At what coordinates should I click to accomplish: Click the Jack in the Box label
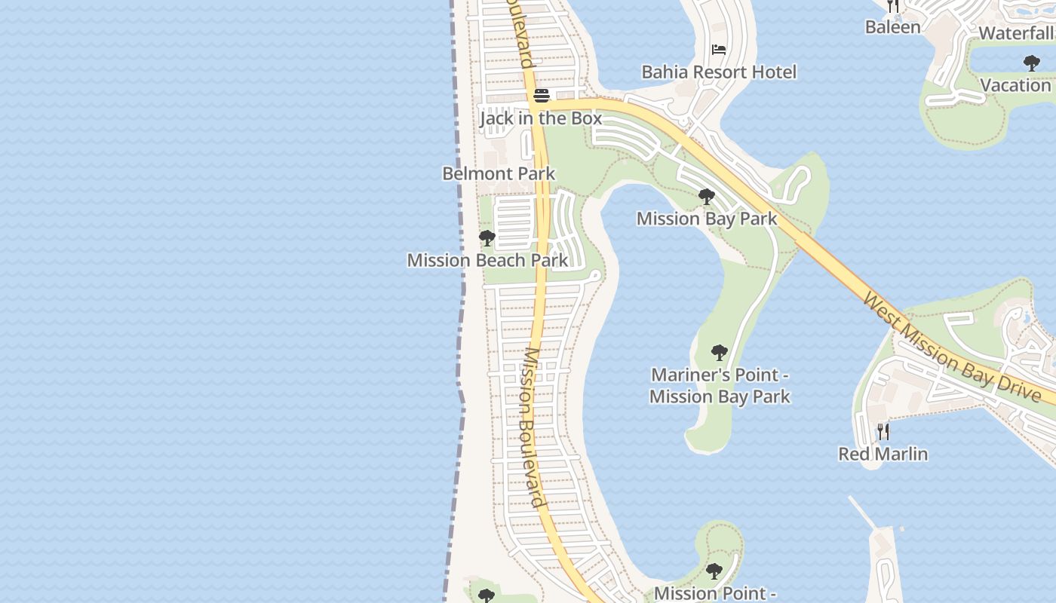[x=541, y=118]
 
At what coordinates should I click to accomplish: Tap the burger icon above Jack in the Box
[x=541, y=96]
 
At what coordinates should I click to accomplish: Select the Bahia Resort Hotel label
[x=719, y=72]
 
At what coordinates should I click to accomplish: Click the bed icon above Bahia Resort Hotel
[x=719, y=50]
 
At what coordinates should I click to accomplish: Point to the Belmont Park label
[x=499, y=173]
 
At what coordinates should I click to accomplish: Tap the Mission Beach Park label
[x=487, y=260]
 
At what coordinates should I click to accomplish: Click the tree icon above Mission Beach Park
[x=487, y=238]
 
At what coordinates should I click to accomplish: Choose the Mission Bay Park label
[x=707, y=219]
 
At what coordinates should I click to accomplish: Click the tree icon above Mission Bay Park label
[x=707, y=197]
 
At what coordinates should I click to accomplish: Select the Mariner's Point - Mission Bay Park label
[x=720, y=385]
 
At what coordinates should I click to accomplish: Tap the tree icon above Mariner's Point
[x=719, y=352]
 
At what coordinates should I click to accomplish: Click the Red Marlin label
[x=883, y=454]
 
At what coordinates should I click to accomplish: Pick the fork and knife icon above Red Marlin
[x=883, y=432]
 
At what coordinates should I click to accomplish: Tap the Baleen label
[x=892, y=27]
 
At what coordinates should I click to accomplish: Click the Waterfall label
[x=1016, y=33]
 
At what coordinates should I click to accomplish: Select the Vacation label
[x=1015, y=84]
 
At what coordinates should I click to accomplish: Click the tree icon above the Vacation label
[x=1031, y=63]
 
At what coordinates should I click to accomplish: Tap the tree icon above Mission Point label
[x=714, y=571]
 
